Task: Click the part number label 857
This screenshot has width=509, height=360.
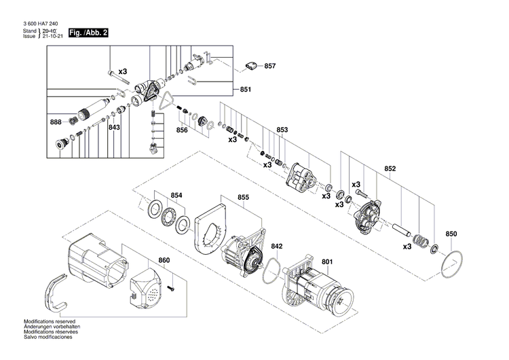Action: click(270, 66)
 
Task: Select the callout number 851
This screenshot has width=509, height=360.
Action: click(245, 90)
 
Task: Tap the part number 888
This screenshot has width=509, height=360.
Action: click(56, 122)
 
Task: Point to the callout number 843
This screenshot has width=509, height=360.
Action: click(114, 127)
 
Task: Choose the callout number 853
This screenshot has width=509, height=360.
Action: click(282, 129)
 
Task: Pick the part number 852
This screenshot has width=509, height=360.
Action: click(390, 168)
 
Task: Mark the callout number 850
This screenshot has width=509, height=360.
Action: click(451, 234)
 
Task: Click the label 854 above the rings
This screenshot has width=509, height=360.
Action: click(176, 195)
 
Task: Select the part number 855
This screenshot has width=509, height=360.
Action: click(244, 198)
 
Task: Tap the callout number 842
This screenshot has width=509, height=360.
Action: click(277, 247)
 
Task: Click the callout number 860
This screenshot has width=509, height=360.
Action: click(164, 260)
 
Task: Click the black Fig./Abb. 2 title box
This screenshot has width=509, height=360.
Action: click(87, 33)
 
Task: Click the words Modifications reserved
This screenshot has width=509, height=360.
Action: click(50, 321)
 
